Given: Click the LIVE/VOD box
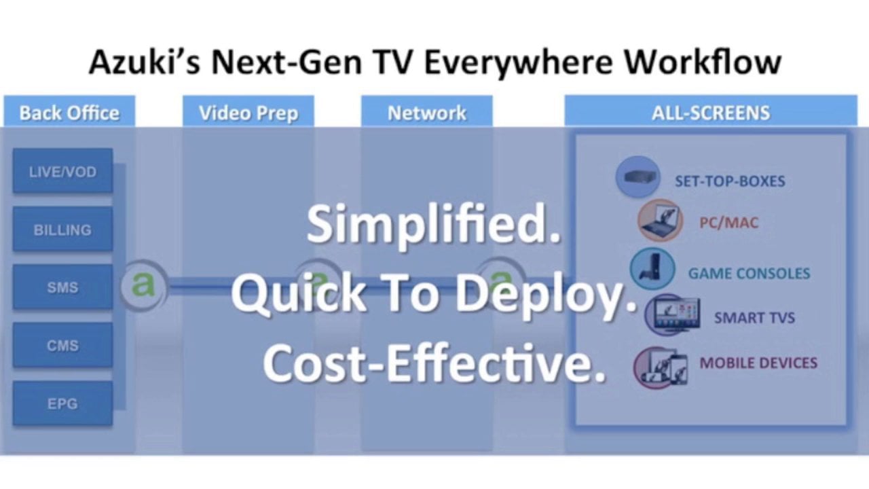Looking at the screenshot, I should point(62,172).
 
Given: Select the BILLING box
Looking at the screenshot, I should point(62,230).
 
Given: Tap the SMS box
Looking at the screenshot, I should point(62,287).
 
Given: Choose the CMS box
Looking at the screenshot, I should point(62,346).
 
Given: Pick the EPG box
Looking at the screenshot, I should point(62,404).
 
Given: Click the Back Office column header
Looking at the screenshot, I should point(69,113).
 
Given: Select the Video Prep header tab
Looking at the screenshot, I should point(248,113).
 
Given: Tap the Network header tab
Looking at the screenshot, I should point(426,113).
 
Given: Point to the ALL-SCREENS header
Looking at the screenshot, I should point(711,113).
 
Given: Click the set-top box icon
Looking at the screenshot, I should point(638,177).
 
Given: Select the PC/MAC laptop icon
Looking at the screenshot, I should point(660,220).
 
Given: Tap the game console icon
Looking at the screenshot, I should point(652,269).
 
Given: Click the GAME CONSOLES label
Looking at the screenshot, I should point(749,274).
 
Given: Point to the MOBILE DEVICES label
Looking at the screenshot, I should point(758,363).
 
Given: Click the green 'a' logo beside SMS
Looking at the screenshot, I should point(143,285).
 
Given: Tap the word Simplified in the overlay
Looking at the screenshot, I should point(434,225).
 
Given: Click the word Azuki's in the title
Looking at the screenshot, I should point(144,62).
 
